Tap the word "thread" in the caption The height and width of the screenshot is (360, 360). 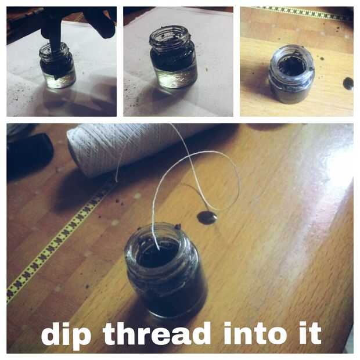pyautogui.click(x=157, y=333)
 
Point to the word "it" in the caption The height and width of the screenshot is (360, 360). pyautogui.click(x=311, y=333)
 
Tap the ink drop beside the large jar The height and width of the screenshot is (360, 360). pyautogui.click(x=207, y=217)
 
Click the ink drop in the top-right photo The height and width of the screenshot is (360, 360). pyautogui.click(x=348, y=84)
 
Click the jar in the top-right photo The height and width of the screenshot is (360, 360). pyautogui.click(x=292, y=74)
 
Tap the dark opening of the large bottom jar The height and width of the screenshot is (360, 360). pyautogui.click(x=159, y=254)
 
